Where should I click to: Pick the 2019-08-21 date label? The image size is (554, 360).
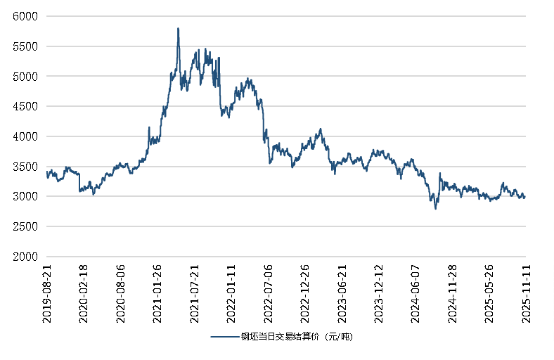(x=47, y=294)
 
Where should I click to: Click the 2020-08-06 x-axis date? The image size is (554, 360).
(x=120, y=294)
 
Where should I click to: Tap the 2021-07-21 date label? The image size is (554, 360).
(x=194, y=294)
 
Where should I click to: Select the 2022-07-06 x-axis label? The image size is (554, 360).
(x=268, y=294)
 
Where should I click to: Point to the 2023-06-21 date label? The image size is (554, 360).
(x=342, y=294)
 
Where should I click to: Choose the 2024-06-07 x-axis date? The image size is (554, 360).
(x=415, y=294)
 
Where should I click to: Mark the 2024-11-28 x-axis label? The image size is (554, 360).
(x=452, y=294)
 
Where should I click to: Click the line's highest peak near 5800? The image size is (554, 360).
(x=178, y=29)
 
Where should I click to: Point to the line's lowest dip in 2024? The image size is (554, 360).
(x=435, y=209)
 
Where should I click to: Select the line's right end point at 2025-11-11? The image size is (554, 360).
(x=524, y=197)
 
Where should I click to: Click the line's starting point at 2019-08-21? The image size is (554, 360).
(x=46, y=172)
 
